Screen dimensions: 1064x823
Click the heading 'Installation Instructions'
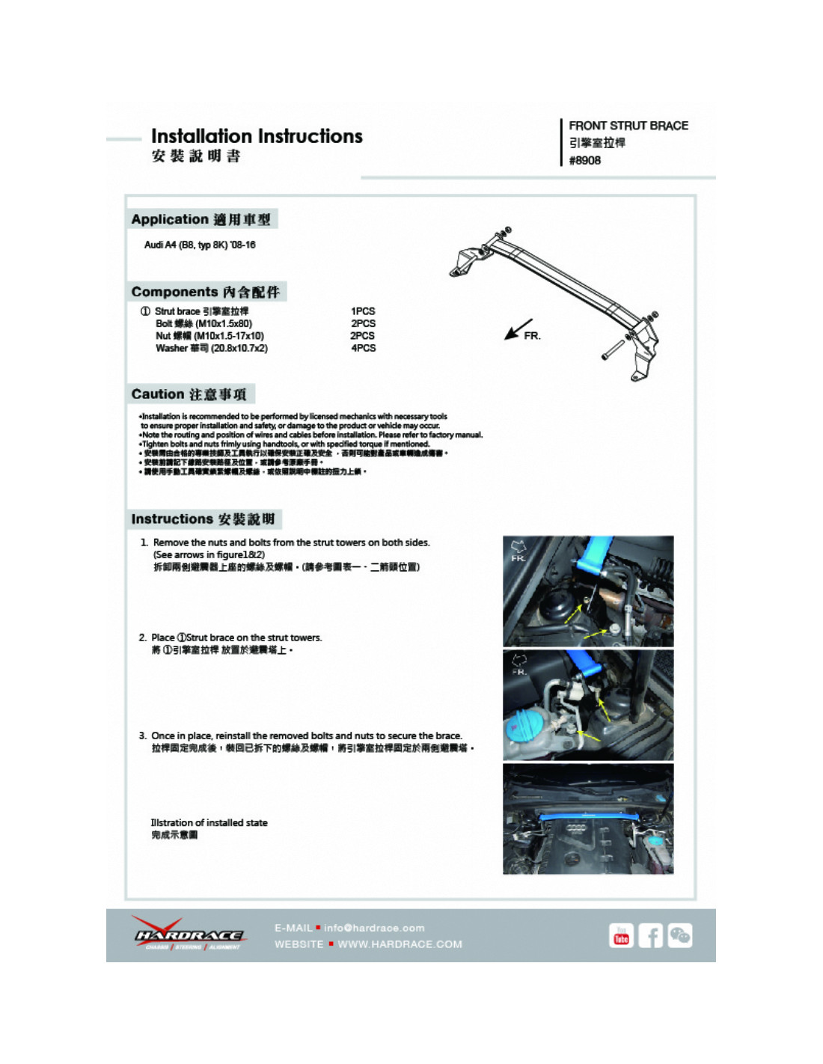[x=257, y=136]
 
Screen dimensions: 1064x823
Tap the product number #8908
[x=584, y=160]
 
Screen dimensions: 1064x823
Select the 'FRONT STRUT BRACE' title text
[x=628, y=126]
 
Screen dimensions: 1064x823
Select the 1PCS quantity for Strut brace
[x=363, y=311]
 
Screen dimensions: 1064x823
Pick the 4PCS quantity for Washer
[x=363, y=348]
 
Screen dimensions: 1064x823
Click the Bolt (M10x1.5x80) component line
[x=204, y=323]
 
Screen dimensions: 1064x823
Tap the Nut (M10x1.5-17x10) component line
[x=209, y=336]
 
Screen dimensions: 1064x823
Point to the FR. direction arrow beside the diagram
[x=518, y=329]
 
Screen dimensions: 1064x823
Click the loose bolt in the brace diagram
[x=613, y=348]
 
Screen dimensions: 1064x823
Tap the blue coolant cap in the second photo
[x=526, y=727]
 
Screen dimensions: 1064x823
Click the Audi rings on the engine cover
[x=576, y=828]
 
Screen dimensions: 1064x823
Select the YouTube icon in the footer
[x=621, y=935]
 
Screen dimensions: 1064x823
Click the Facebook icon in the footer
[x=650, y=935]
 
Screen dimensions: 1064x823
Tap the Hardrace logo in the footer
[x=189, y=935]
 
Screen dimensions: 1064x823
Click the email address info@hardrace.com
[x=374, y=928]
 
